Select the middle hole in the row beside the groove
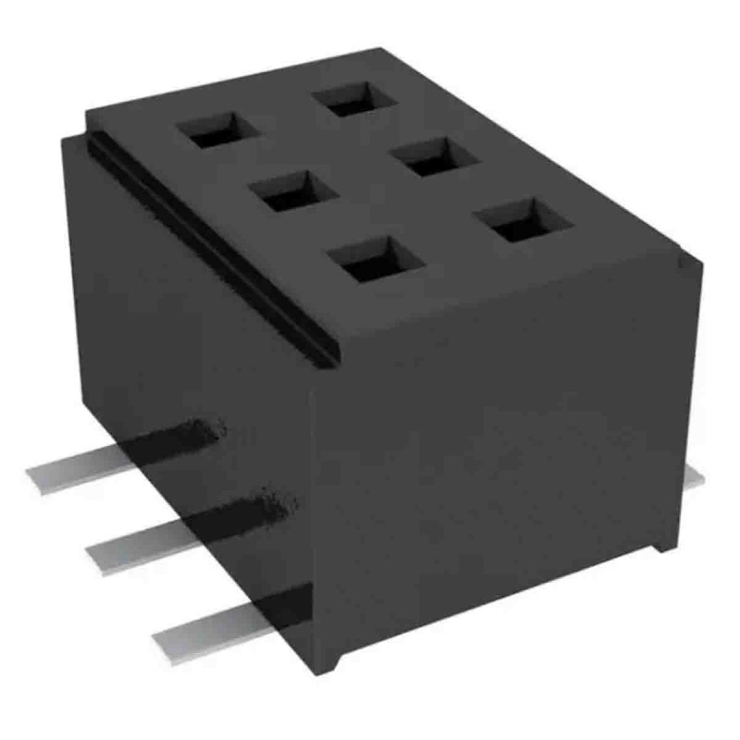(291, 192)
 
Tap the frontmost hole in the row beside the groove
(375, 262)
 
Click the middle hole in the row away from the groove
(427, 156)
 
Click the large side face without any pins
(499, 444)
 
